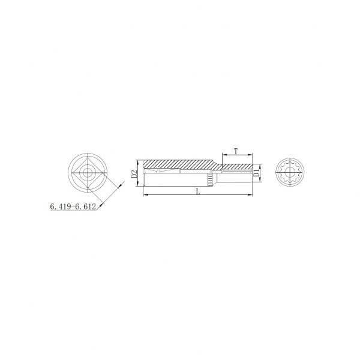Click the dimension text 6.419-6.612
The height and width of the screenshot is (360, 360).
[x=73, y=206]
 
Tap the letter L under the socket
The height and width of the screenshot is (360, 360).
[x=198, y=191]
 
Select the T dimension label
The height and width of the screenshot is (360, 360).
[x=236, y=151]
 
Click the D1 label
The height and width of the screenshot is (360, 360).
[x=256, y=173]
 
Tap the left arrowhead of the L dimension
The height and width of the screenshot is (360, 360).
[x=145, y=195]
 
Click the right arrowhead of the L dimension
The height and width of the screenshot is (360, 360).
[x=250, y=195]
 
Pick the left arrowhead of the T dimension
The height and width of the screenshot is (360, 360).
[x=224, y=155]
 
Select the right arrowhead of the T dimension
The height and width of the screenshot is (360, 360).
[x=250, y=155]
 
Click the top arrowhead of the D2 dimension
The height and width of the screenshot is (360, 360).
[x=137, y=162]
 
